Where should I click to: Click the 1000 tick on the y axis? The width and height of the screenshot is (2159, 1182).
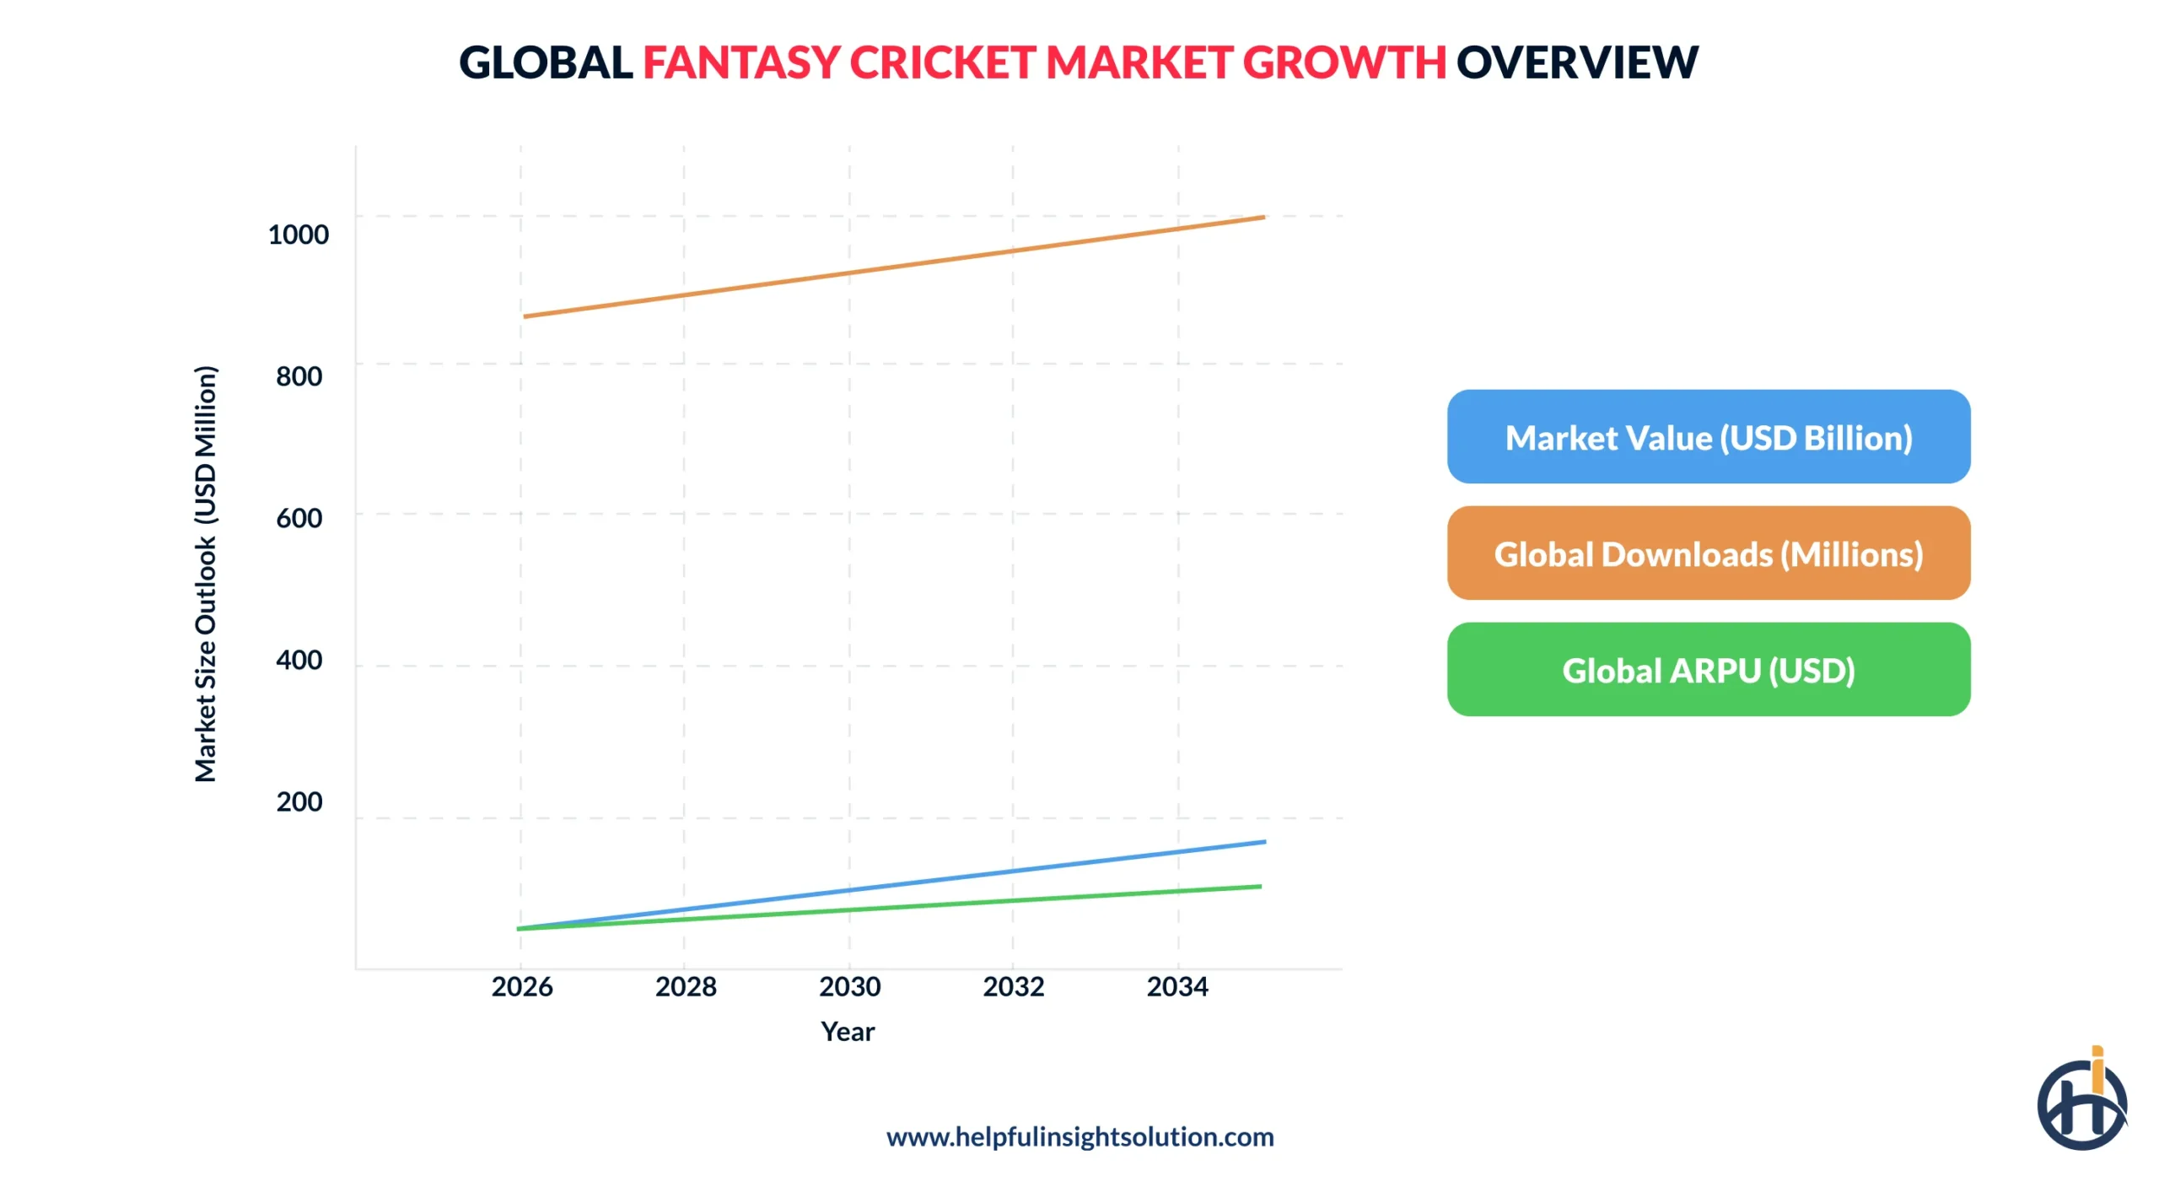pyautogui.click(x=298, y=234)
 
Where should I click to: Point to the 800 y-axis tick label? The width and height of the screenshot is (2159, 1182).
pyautogui.click(x=299, y=375)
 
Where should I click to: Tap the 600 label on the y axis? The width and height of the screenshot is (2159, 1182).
pyautogui.click(x=299, y=517)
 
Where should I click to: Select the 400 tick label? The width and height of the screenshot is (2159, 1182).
pyautogui.click(x=299, y=659)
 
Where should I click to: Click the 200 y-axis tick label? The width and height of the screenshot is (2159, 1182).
pyautogui.click(x=299, y=801)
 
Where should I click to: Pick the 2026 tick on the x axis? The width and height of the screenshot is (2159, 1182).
pyautogui.click(x=522, y=985)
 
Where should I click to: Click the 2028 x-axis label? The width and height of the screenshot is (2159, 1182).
pyautogui.click(x=686, y=985)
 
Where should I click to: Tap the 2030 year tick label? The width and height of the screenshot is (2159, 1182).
pyautogui.click(x=849, y=985)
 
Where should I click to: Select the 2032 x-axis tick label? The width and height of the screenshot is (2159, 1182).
pyautogui.click(x=1013, y=985)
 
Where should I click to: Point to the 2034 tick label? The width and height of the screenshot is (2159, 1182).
pyautogui.click(x=1176, y=985)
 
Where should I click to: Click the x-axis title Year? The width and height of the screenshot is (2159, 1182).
pyautogui.click(x=848, y=1030)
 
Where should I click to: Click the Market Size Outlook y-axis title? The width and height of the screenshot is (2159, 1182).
pyautogui.click(x=206, y=574)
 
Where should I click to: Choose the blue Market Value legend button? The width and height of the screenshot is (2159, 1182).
pyautogui.click(x=1708, y=436)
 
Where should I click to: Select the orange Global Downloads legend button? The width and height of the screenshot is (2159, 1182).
pyautogui.click(x=1708, y=553)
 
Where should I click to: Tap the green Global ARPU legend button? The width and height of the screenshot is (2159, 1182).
pyautogui.click(x=1708, y=669)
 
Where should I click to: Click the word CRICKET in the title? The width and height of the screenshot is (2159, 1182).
pyautogui.click(x=942, y=62)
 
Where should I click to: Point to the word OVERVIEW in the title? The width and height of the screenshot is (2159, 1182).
pyautogui.click(x=1576, y=62)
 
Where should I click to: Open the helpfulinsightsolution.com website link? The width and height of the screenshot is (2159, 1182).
pyautogui.click(x=1079, y=1136)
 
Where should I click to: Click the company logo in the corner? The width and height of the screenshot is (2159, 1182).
pyautogui.click(x=2081, y=1101)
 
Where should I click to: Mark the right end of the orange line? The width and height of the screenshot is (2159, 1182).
pyautogui.click(x=1263, y=218)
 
